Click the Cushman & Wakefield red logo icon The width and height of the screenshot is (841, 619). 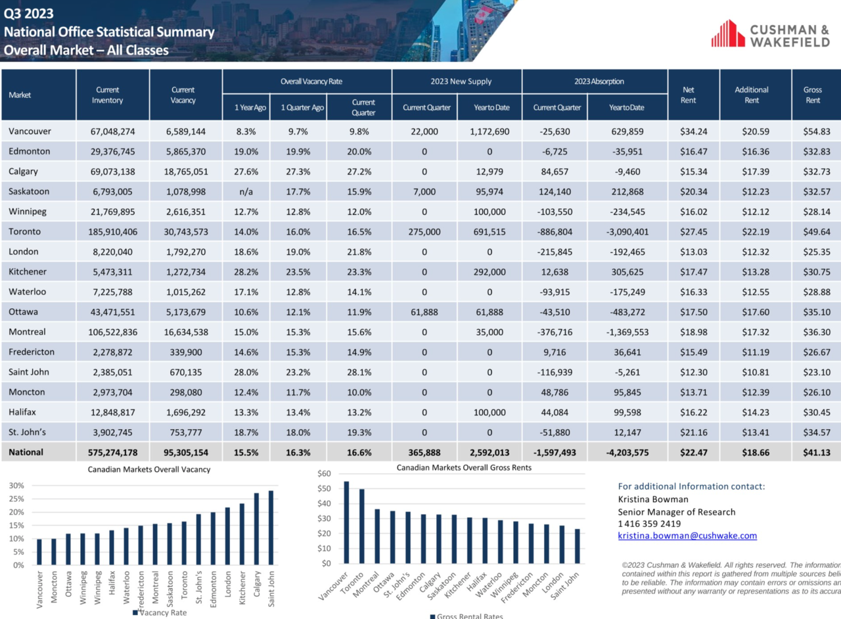point(727,34)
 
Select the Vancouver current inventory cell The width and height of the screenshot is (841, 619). point(112,131)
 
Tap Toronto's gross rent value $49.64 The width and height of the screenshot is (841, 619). point(816,232)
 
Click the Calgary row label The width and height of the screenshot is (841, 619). point(23,172)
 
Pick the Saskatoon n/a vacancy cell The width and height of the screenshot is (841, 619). point(246,192)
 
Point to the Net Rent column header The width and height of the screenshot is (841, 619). point(688,95)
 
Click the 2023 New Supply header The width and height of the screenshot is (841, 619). point(461,81)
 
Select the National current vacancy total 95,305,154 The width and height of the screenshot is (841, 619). point(185,453)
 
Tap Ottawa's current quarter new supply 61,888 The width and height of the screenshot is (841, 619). point(424,312)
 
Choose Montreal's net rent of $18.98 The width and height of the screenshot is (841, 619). point(693,332)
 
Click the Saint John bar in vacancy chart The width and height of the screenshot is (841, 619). point(271,528)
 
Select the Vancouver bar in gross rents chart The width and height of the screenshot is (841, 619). point(346,522)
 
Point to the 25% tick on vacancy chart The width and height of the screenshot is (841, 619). point(16,499)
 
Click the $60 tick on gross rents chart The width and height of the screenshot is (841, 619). point(324,473)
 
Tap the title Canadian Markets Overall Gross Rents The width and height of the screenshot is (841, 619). point(464,468)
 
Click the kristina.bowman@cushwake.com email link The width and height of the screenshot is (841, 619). point(687,536)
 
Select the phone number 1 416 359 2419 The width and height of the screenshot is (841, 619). point(649,524)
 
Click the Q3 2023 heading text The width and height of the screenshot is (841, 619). point(28,14)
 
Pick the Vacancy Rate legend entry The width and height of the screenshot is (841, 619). point(160,612)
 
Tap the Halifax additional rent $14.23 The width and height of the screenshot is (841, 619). point(756,413)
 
